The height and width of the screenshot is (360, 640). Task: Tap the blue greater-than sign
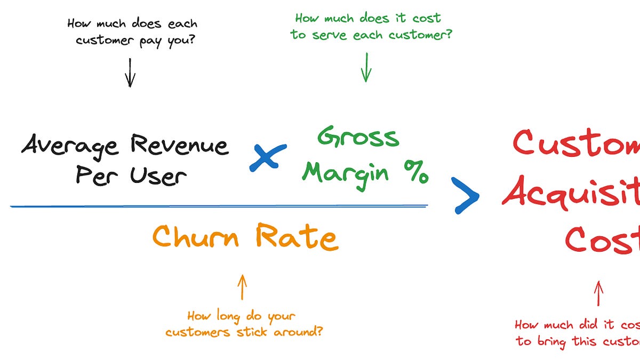tap(465, 196)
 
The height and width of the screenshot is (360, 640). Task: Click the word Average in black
tap(69, 146)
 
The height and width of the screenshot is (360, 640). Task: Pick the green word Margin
tap(346, 172)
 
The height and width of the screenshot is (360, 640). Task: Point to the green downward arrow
tap(365, 68)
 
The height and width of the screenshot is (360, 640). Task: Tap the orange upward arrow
tap(242, 287)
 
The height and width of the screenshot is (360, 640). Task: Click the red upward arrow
tap(598, 294)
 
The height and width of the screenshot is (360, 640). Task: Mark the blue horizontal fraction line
tap(219, 206)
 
